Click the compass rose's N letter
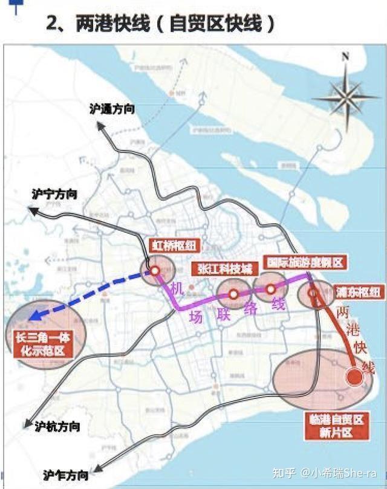point(346,57)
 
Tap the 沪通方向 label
point(112,109)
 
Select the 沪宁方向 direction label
point(55,195)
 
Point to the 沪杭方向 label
point(57,426)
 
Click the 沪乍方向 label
point(66,474)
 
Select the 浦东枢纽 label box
point(358,293)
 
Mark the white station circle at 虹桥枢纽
point(155,271)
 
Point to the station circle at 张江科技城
point(233,294)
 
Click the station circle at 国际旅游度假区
point(270,289)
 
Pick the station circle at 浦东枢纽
point(313,293)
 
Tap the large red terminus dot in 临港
point(354,377)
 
